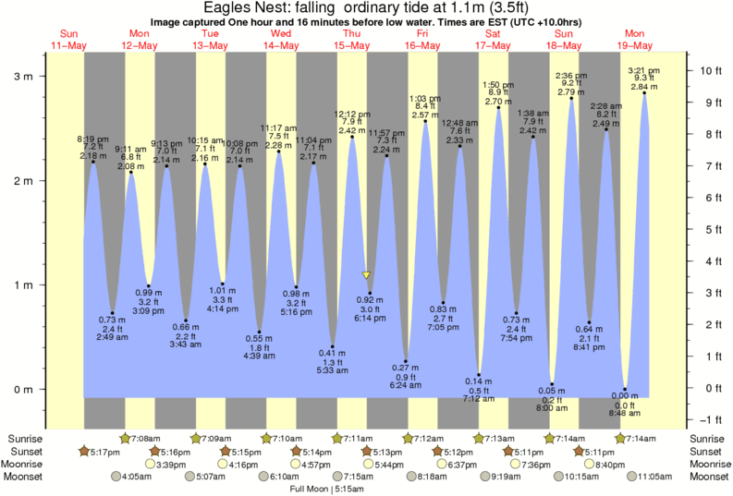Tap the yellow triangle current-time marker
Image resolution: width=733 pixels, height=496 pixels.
[x=367, y=275]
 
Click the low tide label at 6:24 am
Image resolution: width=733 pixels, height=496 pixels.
[x=405, y=377]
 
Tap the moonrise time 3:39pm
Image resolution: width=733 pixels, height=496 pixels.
[x=148, y=465]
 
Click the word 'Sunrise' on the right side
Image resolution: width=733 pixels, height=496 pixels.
[x=708, y=438]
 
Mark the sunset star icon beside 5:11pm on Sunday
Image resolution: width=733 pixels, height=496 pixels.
[x=579, y=451]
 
